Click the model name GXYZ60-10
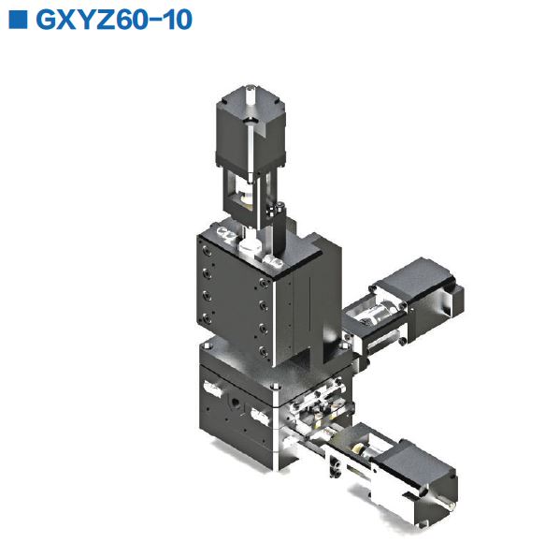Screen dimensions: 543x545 tap(113, 21)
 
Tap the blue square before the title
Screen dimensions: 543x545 tap(16, 21)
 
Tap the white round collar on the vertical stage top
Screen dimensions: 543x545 tap(250, 249)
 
